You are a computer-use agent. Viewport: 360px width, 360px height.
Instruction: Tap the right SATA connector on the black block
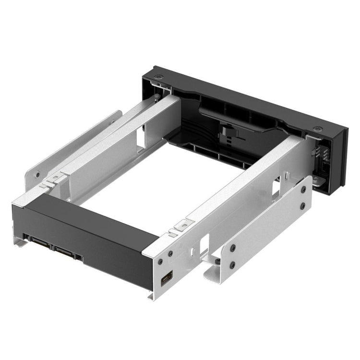click(67, 250)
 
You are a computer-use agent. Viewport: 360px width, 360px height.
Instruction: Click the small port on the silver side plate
click(168, 278)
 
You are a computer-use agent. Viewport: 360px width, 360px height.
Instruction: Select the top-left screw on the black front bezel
click(158, 77)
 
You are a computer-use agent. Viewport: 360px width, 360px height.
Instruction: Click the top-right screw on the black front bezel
click(317, 128)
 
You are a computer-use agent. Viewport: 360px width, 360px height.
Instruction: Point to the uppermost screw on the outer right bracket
click(303, 190)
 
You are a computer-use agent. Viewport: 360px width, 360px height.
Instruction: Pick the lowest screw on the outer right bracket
click(232, 264)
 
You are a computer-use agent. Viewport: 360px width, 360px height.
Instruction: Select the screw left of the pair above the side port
click(159, 262)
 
